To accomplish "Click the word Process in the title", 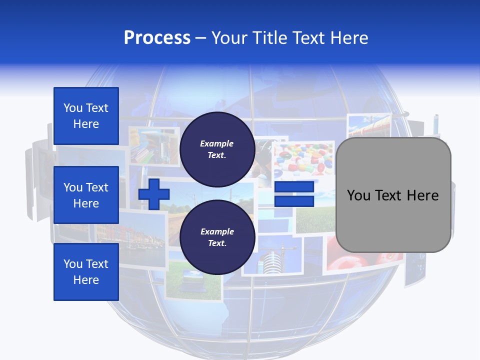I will pyautogui.click(x=157, y=38).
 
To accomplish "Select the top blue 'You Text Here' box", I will pyautogui.click(x=86, y=116).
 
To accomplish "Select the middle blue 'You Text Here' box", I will pyautogui.click(x=86, y=195).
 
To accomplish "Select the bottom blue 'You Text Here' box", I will pyautogui.click(x=86, y=272).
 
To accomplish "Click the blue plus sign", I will pyautogui.click(x=154, y=194).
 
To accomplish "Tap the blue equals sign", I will pyautogui.click(x=294, y=194).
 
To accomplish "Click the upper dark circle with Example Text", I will pyautogui.click(x=217, y=149).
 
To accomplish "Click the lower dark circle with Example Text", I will pyautogui.click(x=217, y=237).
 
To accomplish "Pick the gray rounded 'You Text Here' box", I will pyautogui.click(x=393, y=195).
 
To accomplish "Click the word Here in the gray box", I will pyautogui.click(x=422, y=195).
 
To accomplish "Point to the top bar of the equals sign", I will pyautogui.click(x=294, y=187).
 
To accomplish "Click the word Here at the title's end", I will pyautogui.click(x=350, y=38).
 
